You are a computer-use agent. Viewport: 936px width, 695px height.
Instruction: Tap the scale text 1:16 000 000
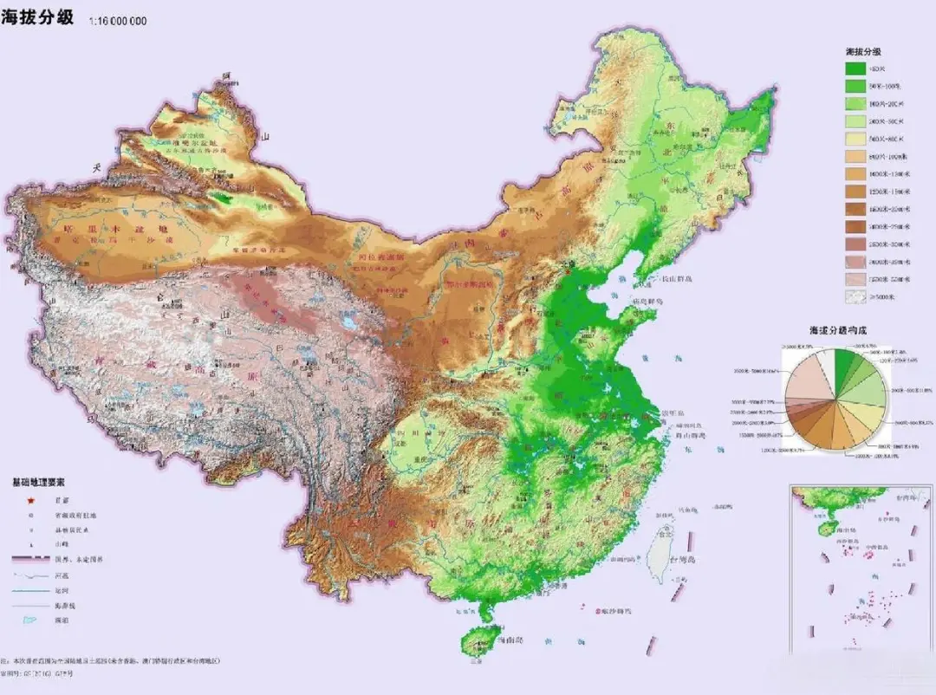(117, 20)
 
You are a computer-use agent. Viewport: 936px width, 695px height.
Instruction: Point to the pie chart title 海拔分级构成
(837, 331)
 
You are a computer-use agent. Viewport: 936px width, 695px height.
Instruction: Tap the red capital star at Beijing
(568, 270)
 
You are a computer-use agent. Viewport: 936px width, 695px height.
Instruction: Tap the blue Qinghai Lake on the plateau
(350, 323)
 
